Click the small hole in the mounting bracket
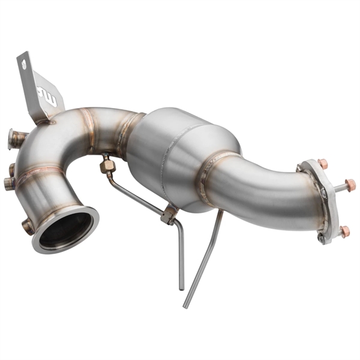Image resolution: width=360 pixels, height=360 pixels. [23, 64]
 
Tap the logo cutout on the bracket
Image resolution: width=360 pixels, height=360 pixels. [47, 94]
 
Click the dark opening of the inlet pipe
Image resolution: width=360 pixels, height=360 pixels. [65, 229]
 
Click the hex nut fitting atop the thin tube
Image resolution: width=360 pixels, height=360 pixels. [108, 164]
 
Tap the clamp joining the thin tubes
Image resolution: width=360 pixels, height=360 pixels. [169, 214]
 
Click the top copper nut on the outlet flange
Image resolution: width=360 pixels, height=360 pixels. [323, 163]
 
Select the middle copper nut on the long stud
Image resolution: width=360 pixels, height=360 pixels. [349, 185]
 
